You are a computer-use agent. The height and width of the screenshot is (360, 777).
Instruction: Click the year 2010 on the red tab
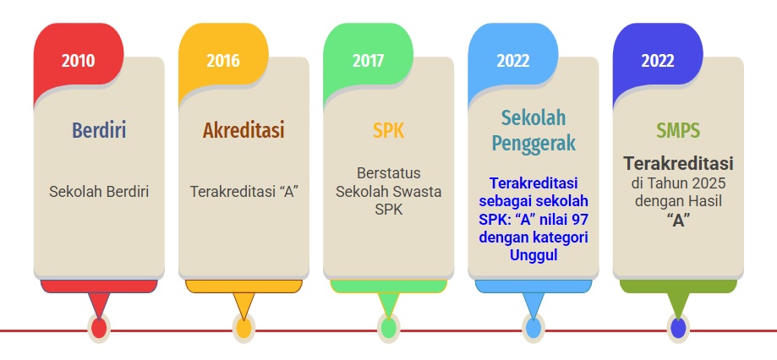[x=79, y=60]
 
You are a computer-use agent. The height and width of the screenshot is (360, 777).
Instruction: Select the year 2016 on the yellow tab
[x=223, y=60]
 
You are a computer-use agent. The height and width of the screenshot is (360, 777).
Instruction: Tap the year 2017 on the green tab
[x=368, y=60]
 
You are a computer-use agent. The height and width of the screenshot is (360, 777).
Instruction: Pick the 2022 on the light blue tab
[x=513, y=60]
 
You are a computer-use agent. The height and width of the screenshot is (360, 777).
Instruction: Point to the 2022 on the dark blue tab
[x=658, y=60]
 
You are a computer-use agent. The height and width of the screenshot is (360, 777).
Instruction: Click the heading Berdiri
[x=99, y=130]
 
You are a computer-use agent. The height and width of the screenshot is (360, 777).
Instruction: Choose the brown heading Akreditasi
[x=243, y=130]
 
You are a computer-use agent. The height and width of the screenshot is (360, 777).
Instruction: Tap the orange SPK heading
[x=389, y=130]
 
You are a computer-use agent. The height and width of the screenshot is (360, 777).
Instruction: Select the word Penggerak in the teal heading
[x=534, y=143]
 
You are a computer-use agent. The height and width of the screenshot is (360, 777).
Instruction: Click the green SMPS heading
[x=678, y=130]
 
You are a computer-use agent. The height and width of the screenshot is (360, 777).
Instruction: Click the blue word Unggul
[x=534, y=255]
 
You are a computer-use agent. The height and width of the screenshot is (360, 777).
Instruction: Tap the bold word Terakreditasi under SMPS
[x=678, y=163]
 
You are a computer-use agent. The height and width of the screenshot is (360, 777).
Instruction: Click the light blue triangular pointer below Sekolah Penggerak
[x=534, y=303]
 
